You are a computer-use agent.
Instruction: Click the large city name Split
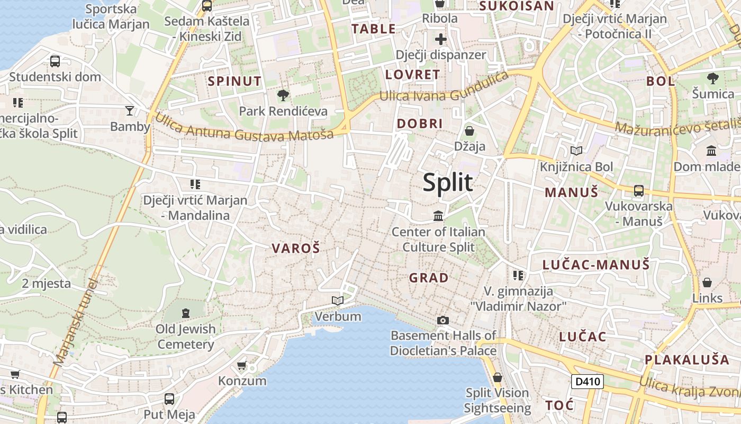tap(448, 182)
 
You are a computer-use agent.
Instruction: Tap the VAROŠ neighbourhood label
tap(296, 248)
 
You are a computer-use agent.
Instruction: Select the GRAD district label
tap(429, 278)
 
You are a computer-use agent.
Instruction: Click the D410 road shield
tap(588, 381)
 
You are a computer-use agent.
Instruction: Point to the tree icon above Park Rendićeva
tap(283, 95)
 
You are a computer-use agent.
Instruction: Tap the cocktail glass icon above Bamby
tap(130, 111)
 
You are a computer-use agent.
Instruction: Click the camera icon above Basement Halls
tap(443, 320)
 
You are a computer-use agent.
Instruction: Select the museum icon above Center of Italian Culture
tap(438, 216)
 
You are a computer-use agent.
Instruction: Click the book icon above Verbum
tap(337, 301)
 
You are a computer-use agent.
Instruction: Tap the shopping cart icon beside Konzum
tap(242, 365)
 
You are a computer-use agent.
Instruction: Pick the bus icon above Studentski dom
tap(55, 61)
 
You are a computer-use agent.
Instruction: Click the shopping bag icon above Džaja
tap(469, 130)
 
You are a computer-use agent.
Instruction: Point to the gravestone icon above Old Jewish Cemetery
tap(186, 313)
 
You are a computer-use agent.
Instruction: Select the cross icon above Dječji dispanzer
tap(440, 39)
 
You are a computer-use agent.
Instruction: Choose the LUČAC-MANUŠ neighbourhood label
tap(596, 265)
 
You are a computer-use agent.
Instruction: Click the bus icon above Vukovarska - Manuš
tap(639, 190)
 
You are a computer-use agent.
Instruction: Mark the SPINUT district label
tap(234, 82)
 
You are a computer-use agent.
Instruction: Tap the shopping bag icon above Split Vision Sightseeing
tap(497, 377)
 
